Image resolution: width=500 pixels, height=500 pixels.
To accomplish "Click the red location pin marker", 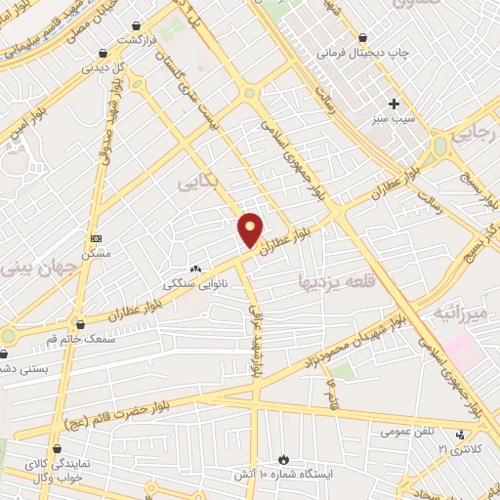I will coord(251,229).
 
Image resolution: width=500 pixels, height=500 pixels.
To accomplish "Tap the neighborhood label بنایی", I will coord(199,183).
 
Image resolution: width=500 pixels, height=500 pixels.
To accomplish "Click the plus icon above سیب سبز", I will coord(394,103).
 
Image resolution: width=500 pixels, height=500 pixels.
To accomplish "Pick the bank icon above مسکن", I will coord(96,238).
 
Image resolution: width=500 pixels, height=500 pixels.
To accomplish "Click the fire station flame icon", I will coord(283,458).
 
